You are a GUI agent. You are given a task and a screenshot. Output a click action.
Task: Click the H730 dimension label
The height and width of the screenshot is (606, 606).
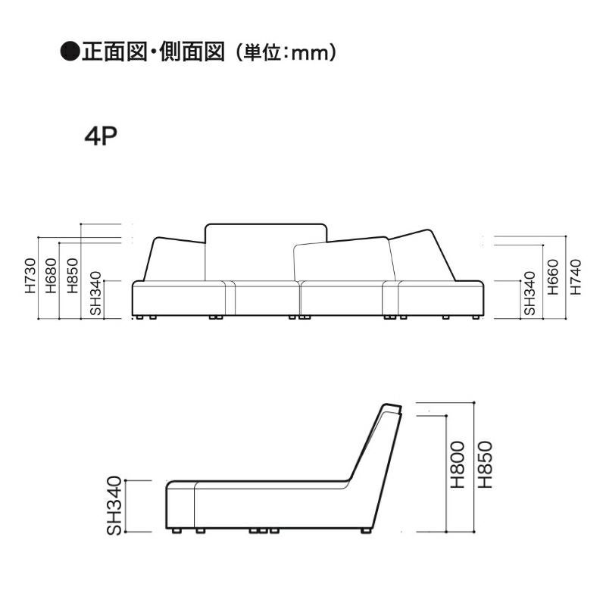30,276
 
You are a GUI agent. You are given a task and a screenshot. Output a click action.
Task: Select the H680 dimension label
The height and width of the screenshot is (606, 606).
51,276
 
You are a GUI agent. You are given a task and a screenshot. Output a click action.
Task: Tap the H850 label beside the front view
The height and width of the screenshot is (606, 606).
72,276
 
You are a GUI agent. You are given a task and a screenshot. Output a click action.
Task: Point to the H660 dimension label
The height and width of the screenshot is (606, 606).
553,277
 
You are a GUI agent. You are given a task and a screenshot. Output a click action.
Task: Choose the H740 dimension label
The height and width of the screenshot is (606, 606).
576,277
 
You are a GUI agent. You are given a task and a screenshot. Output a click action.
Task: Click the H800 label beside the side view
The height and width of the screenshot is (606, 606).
458,464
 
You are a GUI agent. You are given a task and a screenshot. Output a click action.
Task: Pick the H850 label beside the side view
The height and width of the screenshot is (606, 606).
485,464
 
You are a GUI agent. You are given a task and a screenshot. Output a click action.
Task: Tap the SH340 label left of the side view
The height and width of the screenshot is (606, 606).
114,506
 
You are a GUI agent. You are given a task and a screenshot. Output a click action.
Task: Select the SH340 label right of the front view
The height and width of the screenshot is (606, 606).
529,294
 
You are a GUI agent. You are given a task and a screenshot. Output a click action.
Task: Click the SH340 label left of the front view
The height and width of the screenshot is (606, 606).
95,294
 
